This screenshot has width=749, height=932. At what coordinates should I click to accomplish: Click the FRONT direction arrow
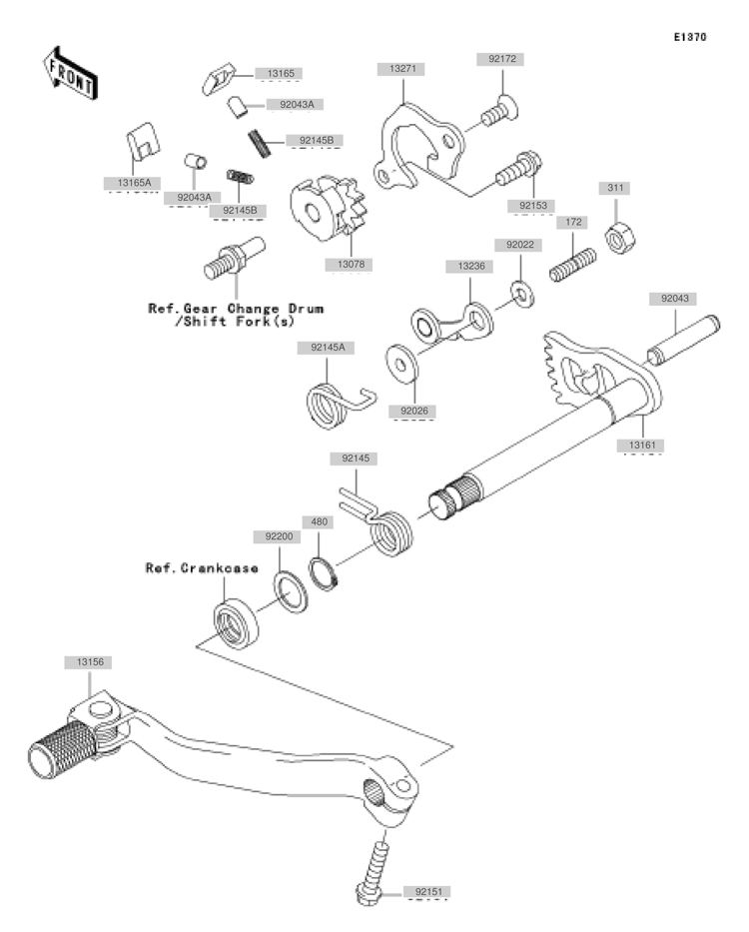pyautogui.click(x=70, y=73)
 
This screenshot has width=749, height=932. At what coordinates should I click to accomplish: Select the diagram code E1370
pyautogui.click(x=690, y=37)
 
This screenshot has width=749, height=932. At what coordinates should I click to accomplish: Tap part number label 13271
pyautogui.click(x=402, y=69)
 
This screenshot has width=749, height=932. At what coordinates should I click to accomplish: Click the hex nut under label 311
pyautogui.click(x=620, y=239)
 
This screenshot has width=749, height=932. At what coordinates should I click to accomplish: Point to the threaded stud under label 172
pyautogui.click(x=572, y=265)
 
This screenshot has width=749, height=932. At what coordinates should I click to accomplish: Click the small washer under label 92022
pyautogui.click(x=522, y=294)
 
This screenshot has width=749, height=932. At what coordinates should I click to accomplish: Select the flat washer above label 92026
pyautogui.click(x=401, y=364)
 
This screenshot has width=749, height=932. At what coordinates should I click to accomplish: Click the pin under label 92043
pyautogui.click(x=684, y=341)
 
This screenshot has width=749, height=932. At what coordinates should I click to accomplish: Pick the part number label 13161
pyautogui.click(x=642, y=445)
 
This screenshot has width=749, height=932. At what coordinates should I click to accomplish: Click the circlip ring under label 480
pyautogui.click(x=324, y=573)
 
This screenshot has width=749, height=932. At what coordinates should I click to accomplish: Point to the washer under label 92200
pyautogui.click(x=291, y=592)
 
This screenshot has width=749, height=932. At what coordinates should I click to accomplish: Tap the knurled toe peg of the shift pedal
pyautogui.click(x=62, y=750)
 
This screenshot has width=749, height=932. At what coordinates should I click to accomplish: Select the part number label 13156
pyautogui.click(x=90, y=662)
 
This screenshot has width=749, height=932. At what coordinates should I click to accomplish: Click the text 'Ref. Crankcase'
pyautogui.click(x=202, y=568)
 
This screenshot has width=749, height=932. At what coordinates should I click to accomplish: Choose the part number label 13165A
pyautogui.click(x=134, y=183)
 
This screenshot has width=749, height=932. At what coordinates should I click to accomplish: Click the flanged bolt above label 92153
pyautogui.click(x=519, y=168)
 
